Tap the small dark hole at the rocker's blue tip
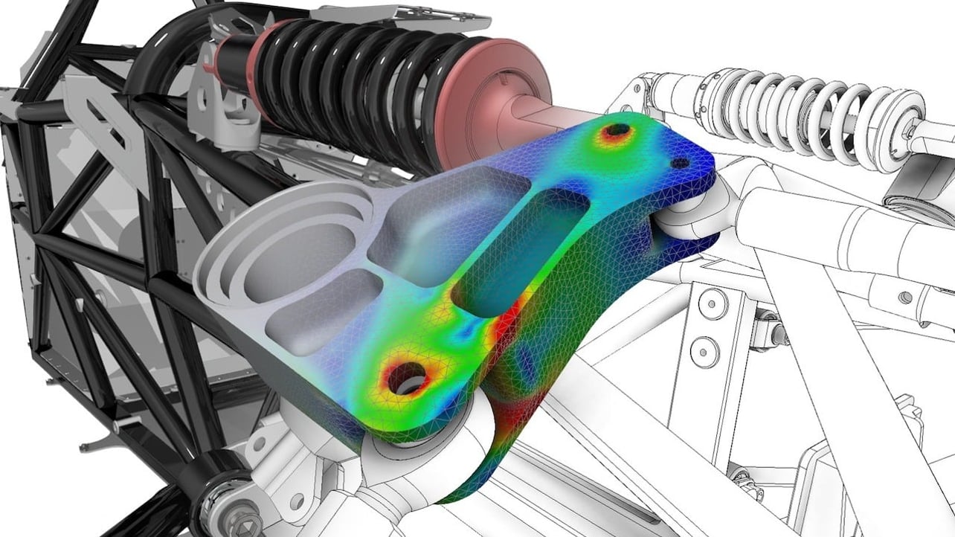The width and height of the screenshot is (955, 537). tap(680, 163)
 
